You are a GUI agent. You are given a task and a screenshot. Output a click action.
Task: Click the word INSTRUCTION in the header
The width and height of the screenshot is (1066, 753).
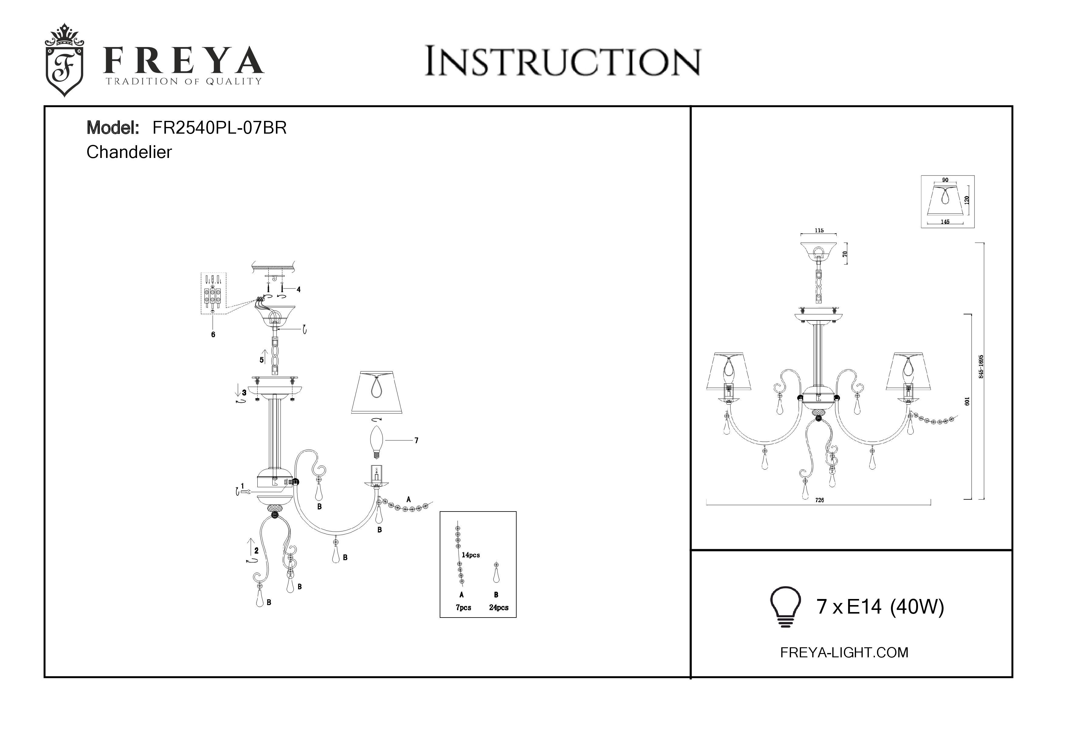pos(563,61)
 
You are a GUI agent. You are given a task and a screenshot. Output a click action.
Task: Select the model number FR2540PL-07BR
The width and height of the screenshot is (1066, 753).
pos(220,128)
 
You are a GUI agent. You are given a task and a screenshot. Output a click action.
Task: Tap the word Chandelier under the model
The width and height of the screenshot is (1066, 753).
pos(129,152)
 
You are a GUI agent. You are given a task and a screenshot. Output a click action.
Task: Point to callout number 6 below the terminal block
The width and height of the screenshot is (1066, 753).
pos(213,334)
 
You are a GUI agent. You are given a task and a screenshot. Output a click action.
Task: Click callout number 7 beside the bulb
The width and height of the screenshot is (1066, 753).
pos(417,440)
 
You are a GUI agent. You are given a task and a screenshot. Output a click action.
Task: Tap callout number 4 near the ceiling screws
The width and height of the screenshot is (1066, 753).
pos(298,289)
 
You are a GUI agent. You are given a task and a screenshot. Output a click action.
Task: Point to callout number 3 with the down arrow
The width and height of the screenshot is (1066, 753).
pos(244,392)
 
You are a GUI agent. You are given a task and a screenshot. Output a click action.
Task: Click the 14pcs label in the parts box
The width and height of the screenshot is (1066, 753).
pos(471,555)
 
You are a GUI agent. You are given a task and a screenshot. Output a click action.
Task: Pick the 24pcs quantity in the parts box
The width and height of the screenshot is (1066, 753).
pos(499,608)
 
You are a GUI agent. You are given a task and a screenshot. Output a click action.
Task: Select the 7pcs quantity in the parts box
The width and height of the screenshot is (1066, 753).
pos(463,608)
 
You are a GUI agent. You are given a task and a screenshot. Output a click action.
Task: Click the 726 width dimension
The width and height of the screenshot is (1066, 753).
pos(820,500)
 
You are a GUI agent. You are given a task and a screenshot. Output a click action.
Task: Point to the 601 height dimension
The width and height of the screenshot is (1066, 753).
pos(968,401)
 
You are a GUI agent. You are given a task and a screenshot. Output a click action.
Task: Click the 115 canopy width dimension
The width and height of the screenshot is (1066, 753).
pos(819,231)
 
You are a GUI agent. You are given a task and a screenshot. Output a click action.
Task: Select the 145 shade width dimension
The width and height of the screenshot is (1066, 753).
pos(945,222)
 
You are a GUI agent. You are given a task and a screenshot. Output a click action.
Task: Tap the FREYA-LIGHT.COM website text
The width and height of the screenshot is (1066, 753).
pos(844,652)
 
